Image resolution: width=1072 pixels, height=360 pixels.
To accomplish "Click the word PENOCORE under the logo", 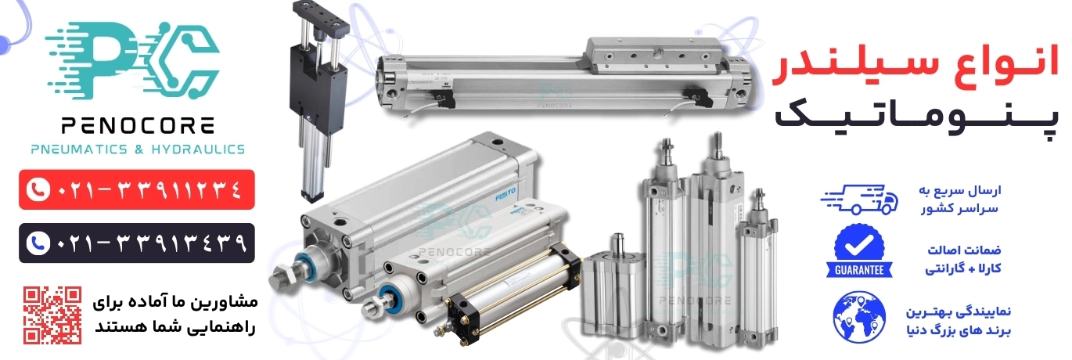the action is (138, 126).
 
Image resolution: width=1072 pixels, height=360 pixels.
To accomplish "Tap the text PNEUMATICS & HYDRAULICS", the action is (138, 149).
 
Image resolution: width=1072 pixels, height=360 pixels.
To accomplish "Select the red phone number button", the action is (137, 189).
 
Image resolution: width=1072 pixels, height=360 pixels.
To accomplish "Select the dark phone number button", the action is (137, 243).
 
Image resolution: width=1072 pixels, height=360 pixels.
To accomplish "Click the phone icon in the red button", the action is (38, 190).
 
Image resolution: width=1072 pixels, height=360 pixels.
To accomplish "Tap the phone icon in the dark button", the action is (38, 243).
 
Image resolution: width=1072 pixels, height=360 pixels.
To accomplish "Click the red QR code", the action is (52, 315).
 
